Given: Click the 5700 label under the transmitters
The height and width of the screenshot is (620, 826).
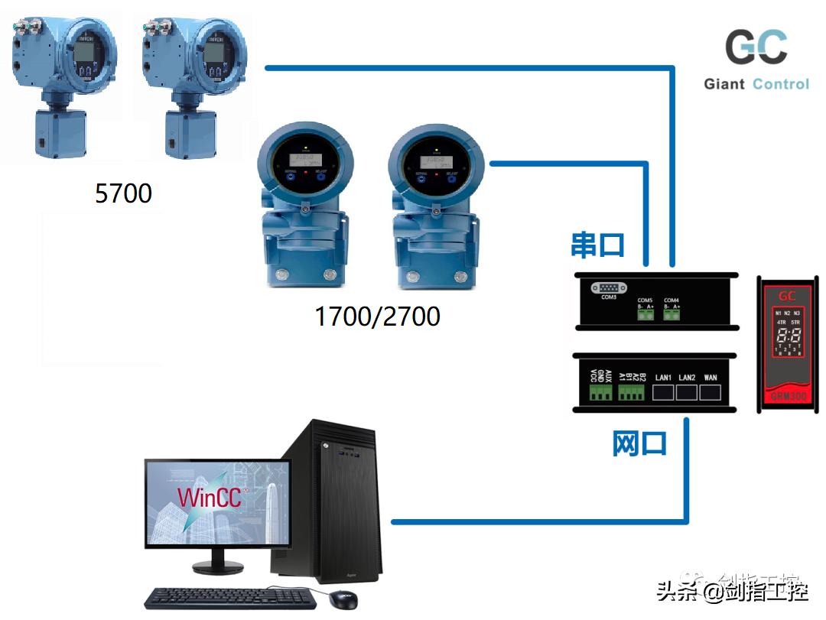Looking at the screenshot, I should (123, 193).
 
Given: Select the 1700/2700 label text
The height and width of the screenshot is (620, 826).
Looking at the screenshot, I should (377, 315).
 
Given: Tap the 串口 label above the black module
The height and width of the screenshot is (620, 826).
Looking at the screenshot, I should (598, 245).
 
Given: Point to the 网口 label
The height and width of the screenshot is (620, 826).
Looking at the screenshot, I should (639, 443).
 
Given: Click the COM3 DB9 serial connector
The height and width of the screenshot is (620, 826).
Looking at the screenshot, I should (609, 287).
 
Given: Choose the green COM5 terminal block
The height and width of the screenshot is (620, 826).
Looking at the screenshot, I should (645, 314).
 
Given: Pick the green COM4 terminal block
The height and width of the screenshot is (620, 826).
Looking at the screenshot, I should (672, 314).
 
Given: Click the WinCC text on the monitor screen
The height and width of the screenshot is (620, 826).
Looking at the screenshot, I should (209, 497).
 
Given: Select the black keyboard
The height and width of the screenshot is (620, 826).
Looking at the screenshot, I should (229, 598).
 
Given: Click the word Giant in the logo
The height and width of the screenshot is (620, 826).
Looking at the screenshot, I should (724, 84).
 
